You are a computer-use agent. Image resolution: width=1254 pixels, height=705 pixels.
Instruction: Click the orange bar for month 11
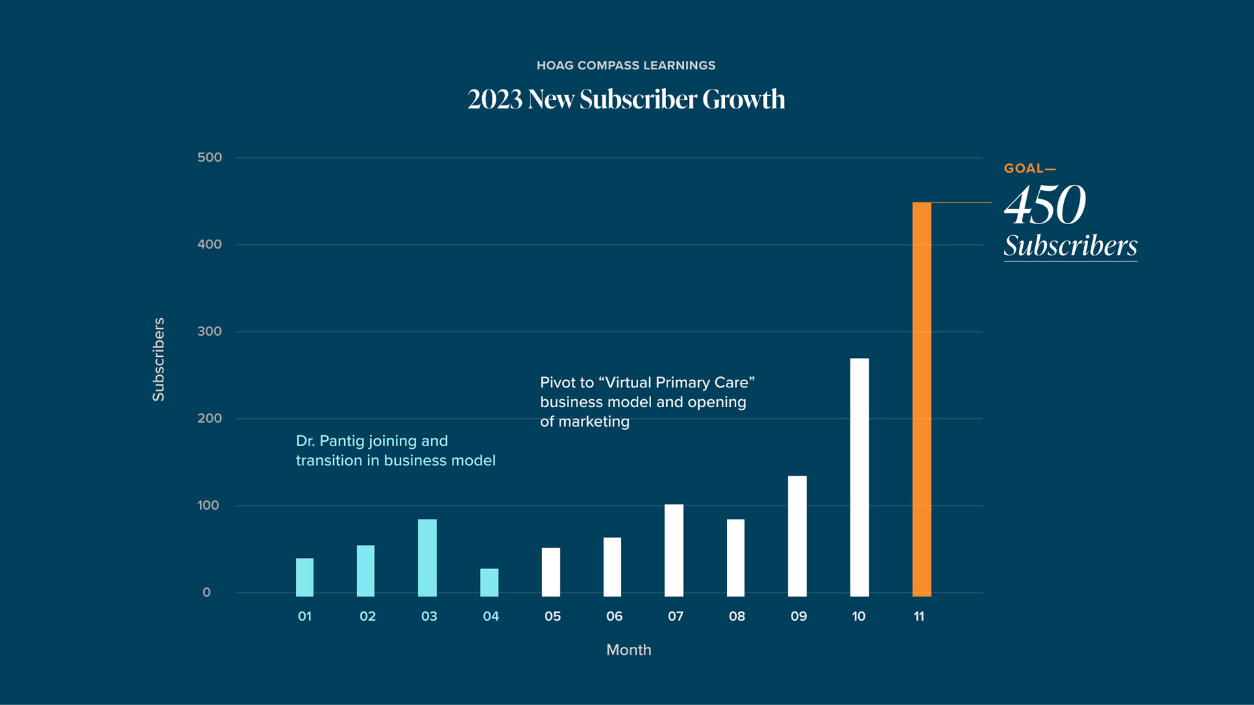(x=922, y=399)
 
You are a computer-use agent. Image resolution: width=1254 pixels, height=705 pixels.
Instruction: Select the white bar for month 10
(x=860, y=477)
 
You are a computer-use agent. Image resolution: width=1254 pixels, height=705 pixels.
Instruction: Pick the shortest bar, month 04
(x=489, y=582)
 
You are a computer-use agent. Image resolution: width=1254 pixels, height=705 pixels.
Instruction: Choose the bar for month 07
(x=674, y=550)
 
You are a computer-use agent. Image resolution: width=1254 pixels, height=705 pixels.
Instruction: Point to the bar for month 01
(x=304, y=577)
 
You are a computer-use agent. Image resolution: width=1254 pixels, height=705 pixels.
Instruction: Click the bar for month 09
(x=797, y=536)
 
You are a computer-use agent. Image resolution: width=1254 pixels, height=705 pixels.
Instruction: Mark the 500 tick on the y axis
(x=210, y=157)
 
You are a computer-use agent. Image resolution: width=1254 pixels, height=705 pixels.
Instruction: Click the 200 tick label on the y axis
(x=210, y=418)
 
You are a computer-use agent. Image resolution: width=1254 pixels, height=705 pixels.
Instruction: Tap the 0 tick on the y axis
(x=206, y=592)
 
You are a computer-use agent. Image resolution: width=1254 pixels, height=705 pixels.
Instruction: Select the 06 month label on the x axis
(x=614, y=616)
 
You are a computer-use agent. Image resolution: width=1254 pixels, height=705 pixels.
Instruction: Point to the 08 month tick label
(x=737, y=616)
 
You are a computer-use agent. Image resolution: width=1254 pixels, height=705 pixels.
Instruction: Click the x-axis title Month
(x=628, y=650)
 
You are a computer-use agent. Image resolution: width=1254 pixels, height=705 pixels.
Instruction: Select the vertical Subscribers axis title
(x=159, y=359)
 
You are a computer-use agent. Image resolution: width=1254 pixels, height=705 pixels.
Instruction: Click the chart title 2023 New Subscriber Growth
(x=626, y=99)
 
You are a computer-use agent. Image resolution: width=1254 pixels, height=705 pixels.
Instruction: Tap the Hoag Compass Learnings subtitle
(x=626, y=65)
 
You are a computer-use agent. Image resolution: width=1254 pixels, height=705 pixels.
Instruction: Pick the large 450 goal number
(x=1044, y=205)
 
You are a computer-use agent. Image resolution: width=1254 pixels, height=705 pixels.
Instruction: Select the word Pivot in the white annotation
(x=558, y=383)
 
